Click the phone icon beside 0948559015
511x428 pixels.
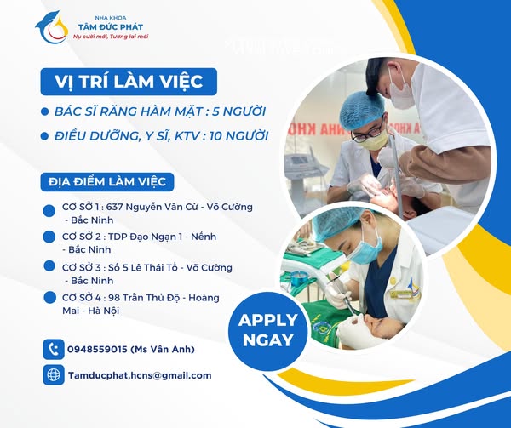[x=54, y=349]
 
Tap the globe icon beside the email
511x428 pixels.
[x=54, y=374]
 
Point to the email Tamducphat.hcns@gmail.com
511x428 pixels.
[x=140, y=375]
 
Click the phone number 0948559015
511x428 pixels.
[x=98, y=350]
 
